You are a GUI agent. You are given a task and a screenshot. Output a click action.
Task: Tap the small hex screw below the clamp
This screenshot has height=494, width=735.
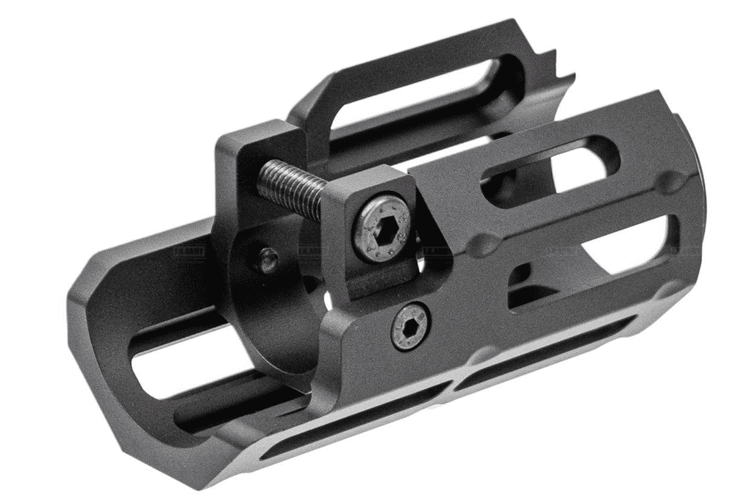tap(411, 326)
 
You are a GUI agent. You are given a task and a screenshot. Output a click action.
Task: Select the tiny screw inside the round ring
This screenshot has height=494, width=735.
tap(268, 258)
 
